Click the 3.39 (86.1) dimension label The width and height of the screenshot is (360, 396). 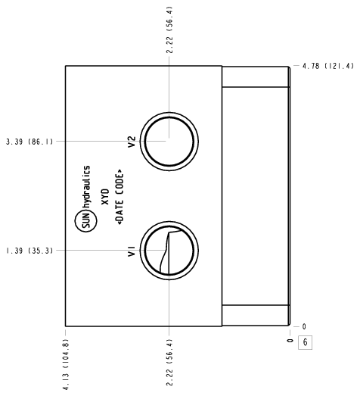29,142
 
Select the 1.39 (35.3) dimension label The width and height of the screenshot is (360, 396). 29,251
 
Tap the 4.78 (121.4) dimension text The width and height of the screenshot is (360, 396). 328,66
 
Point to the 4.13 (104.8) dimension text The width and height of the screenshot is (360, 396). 66,364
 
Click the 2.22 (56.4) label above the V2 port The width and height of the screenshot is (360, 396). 169,30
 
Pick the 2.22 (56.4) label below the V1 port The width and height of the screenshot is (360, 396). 169,363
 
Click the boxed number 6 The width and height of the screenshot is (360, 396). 305,342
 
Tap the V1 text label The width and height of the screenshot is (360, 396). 132,251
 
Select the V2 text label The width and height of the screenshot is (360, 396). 132,142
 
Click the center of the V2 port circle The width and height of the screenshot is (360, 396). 169,142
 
